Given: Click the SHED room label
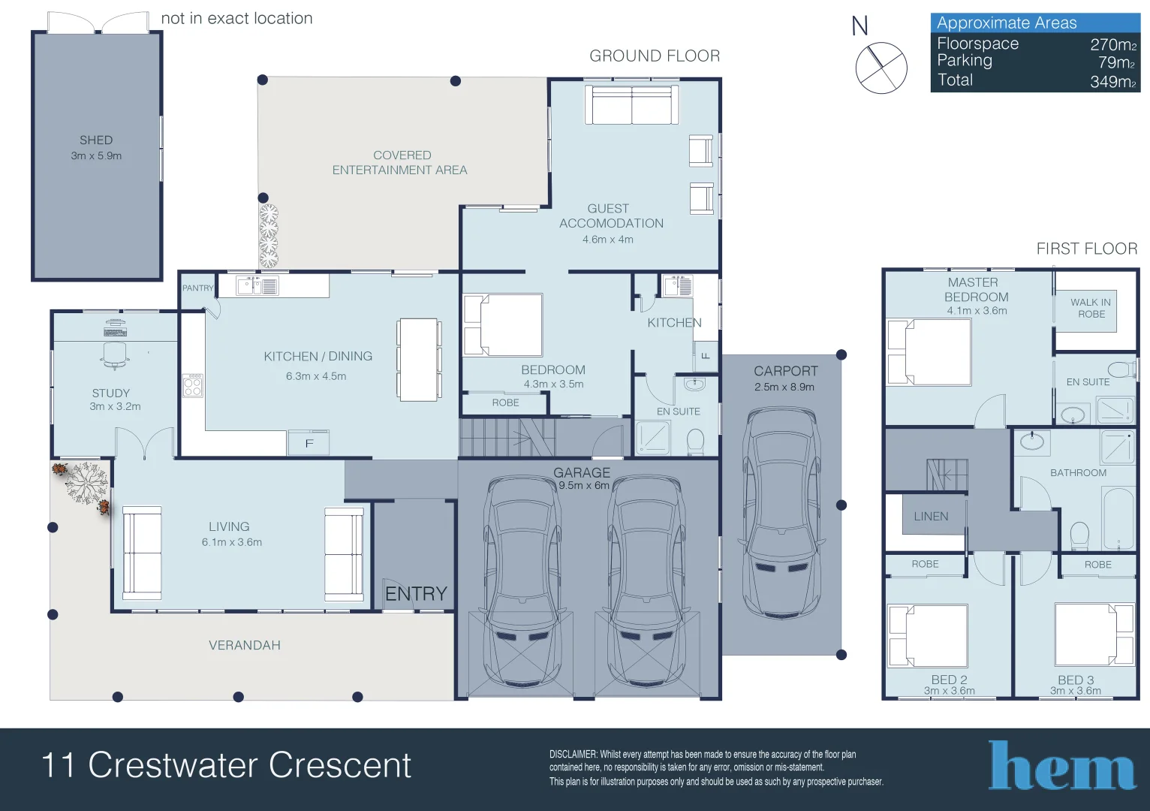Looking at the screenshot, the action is click(96, 140).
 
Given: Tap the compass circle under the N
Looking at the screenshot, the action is click(881, 68).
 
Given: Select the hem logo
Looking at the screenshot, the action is click(1061, 764).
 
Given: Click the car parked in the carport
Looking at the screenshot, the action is click(781, 513).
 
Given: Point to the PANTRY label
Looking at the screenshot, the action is click(197, 288).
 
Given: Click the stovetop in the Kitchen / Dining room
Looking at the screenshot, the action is click(192, 385).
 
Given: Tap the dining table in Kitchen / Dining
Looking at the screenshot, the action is click(419, 360).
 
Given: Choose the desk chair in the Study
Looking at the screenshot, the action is click(115, 355).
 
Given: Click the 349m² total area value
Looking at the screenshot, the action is click(1113, 82).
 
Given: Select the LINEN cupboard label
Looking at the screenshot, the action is click(931, 516).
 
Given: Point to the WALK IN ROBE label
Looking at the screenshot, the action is click(1091, 308).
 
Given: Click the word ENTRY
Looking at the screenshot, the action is click(417, 594).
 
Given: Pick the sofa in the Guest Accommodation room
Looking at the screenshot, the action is click(631, 105).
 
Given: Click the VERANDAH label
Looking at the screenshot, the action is click(245, 645).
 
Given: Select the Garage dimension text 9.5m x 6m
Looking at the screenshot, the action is click(584, 485).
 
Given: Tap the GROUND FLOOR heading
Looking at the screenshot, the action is click(655, 56).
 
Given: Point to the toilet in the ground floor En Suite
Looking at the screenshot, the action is click(696, 442).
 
